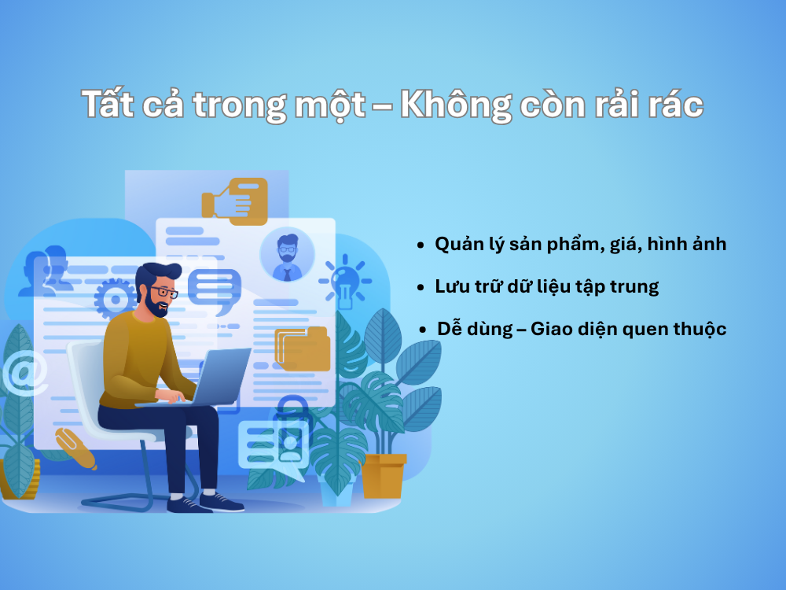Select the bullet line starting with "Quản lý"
[580, 245]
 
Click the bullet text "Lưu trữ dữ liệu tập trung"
[546, 286]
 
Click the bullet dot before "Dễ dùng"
[424, 330]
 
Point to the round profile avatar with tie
[287, 254]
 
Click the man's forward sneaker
[222, 502]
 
